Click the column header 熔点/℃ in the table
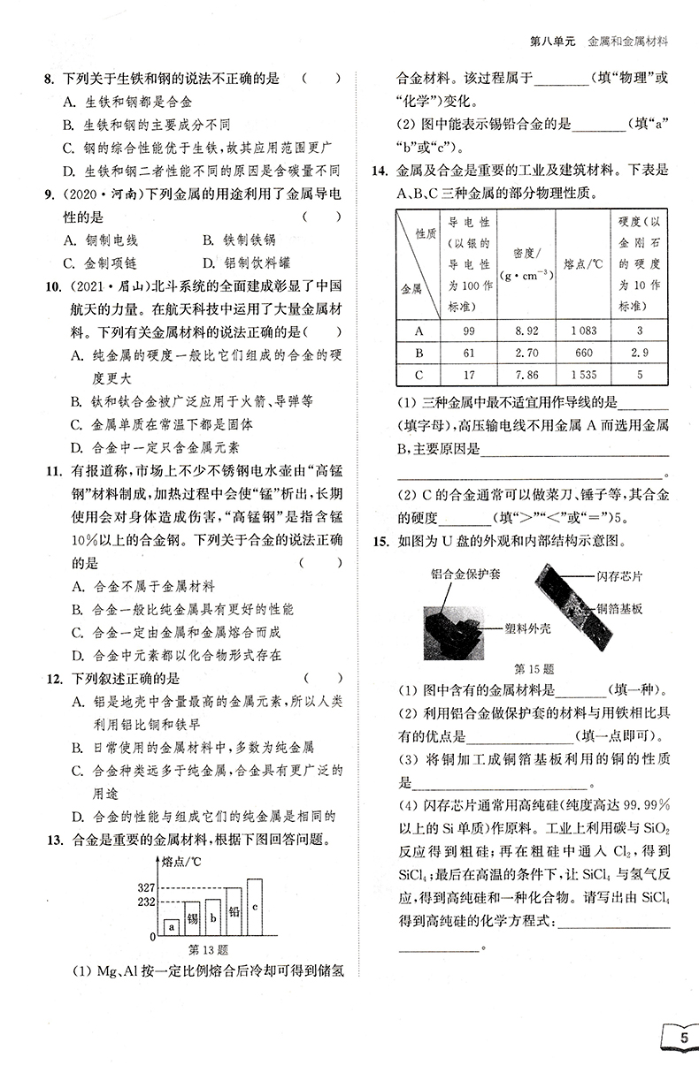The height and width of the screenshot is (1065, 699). [x=581, y=262]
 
